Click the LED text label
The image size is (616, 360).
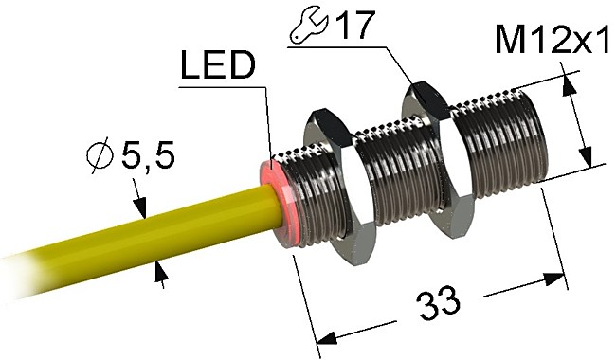click(x=216, y=67)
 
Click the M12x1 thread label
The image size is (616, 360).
click(x=550, y=41)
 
